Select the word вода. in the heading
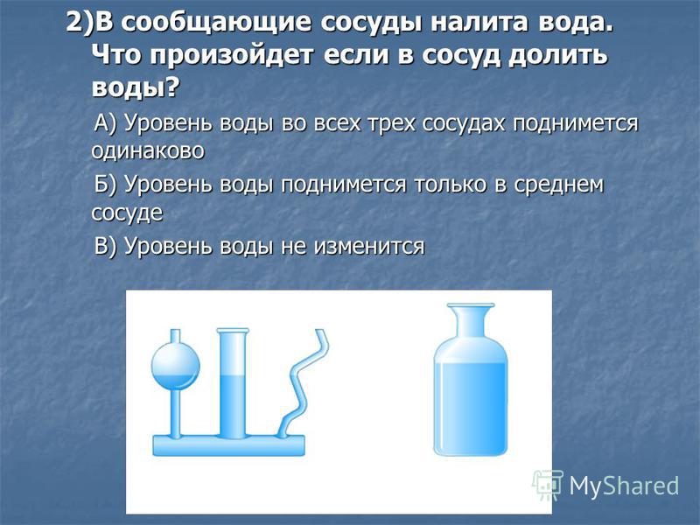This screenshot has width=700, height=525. [x=575, y=23]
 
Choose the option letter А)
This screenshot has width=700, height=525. [x=106, y=122]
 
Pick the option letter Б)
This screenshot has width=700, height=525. [x=106, y=184]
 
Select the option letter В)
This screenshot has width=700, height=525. [x=106, y=245]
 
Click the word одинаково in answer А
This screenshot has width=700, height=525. [x=148, y=150]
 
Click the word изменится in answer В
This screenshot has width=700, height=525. [x=369, y=247]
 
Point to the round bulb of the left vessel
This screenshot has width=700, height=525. [x=175, y=367]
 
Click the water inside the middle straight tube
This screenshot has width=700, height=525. [x=232, y=405]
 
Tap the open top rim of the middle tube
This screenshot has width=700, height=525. [x=232, y=331]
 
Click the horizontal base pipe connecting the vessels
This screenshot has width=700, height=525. [x=229, y=445]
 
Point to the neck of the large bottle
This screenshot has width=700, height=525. [x=471, y=322]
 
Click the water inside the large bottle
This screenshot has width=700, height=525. [x=471, y=407]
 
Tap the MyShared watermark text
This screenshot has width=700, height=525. [x=624, y=486]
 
